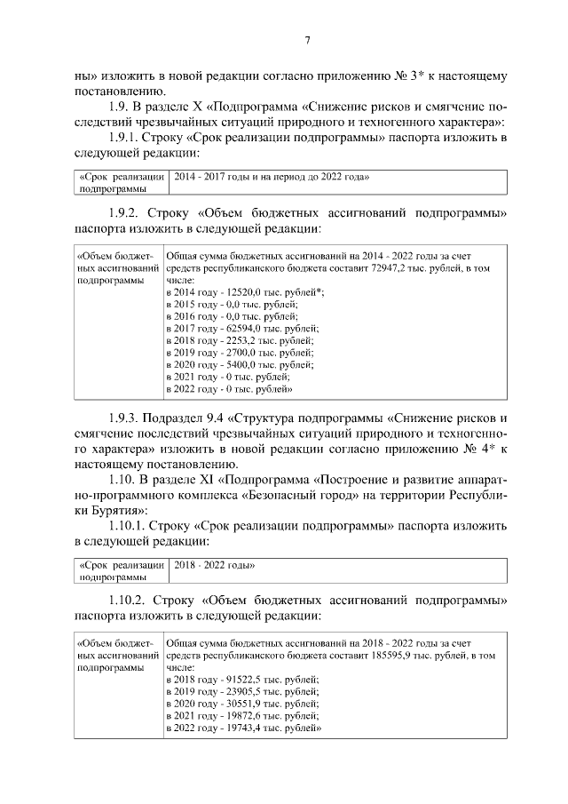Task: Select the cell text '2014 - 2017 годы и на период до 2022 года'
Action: point(271,178)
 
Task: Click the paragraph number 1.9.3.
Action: point(124,417)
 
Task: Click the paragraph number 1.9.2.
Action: point(124,213)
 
